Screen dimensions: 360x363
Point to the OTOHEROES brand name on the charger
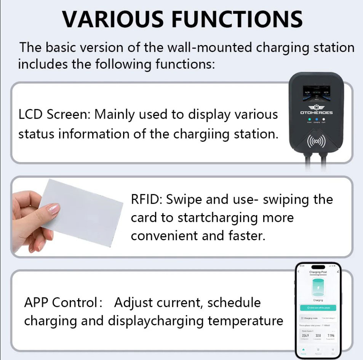316,112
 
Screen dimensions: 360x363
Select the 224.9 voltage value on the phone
305,336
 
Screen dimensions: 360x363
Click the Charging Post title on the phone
318,272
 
